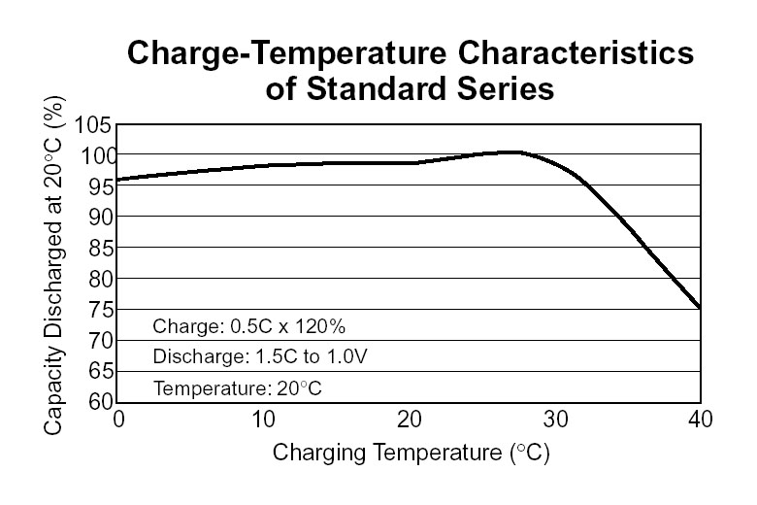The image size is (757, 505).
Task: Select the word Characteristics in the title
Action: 582,54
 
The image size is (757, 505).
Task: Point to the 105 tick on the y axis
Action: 95,124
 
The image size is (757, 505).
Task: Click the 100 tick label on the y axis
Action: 95,155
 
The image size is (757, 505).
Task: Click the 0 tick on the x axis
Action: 118,420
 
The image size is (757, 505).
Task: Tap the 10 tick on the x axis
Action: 264,420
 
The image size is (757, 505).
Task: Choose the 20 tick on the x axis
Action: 410,420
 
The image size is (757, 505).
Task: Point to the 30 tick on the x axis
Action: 555,420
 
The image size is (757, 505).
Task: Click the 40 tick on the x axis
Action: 700,420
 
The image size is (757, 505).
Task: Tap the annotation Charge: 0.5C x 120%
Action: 249,325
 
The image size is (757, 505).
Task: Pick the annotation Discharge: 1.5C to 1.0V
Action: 260,356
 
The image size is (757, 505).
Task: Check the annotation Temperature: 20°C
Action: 237,388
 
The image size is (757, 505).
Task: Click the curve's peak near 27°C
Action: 512,151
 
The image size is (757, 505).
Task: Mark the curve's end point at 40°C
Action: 700,308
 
